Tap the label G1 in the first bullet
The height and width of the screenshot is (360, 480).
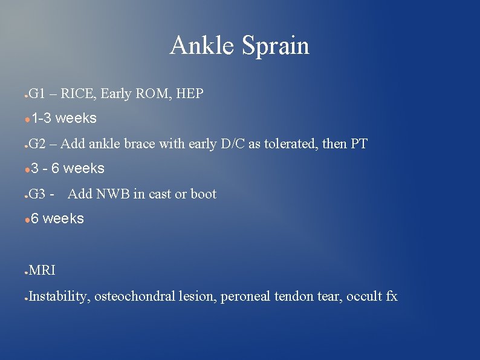36,94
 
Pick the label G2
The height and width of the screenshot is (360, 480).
37,144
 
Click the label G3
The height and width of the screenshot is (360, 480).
37,194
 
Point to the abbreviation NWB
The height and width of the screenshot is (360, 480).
106,194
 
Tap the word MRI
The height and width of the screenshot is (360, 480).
42,270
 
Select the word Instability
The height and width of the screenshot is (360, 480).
57,296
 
